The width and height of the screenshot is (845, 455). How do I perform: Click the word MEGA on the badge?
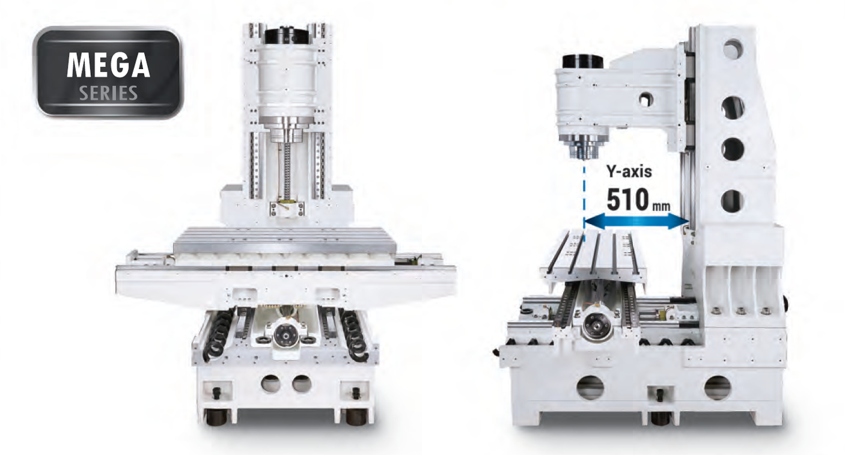108,65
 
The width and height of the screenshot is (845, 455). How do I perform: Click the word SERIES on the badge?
108,93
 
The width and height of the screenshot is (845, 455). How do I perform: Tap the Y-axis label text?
629,172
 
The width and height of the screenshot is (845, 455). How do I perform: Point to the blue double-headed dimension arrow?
636,221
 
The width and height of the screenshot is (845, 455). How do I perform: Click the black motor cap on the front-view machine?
287,36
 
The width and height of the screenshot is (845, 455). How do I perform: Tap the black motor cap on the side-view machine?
583,62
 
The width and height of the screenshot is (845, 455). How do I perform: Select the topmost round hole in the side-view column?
733,49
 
